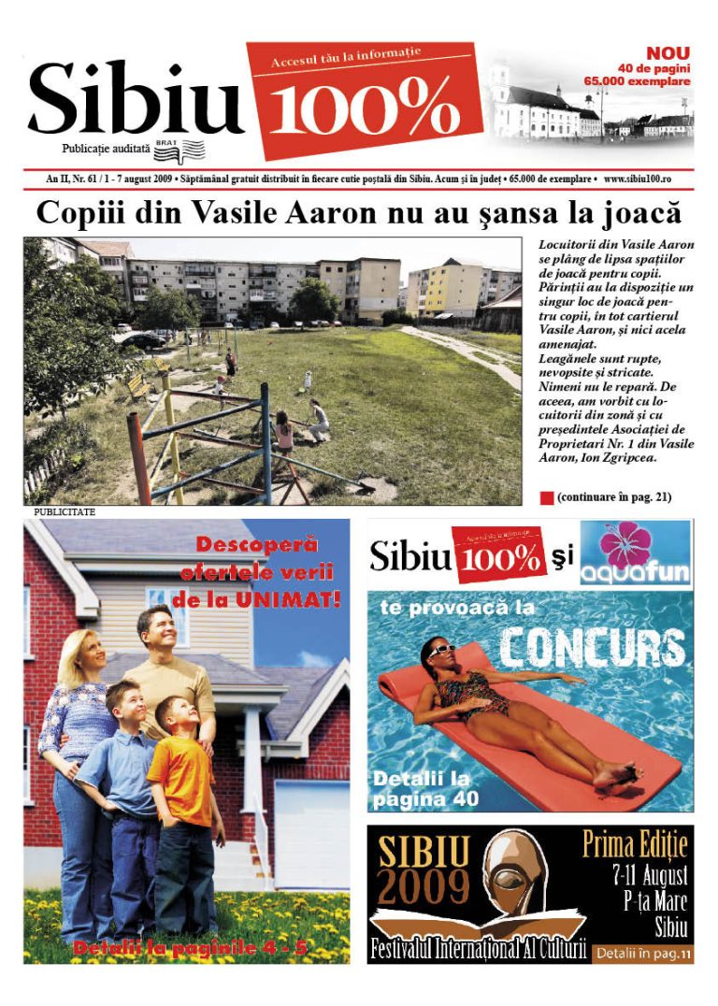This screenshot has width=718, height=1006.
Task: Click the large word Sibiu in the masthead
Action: click(x=136, y=98)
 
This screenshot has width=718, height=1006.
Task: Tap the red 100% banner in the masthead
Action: click(x=365, y=103)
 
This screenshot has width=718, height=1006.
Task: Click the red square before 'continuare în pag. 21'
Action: click(x=547, y=497)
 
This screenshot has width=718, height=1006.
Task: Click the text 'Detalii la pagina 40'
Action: click(x=425, y=788)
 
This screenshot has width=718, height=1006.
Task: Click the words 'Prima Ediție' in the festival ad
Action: click(x=636, y=844)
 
